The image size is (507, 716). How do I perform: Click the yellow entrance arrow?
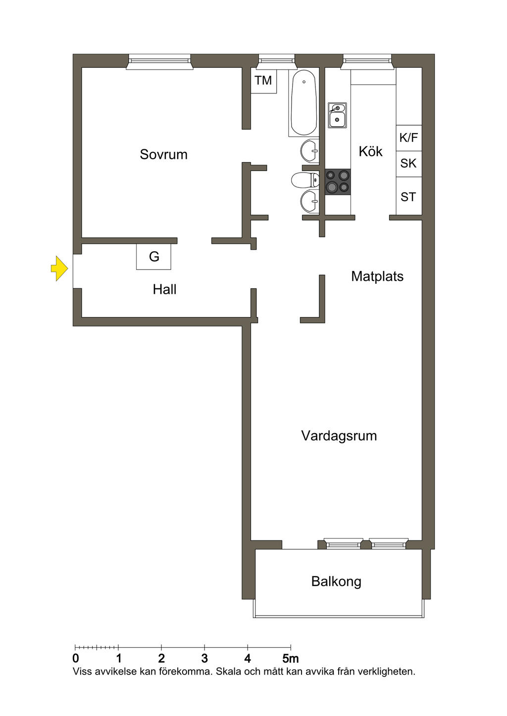pos(59,268)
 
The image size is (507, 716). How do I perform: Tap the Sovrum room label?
pos(163,154)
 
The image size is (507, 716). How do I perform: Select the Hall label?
pos(164,289)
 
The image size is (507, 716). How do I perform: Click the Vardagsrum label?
pos(339,436)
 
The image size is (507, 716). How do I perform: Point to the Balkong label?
pos(336,582)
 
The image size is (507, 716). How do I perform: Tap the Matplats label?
pos(377,276)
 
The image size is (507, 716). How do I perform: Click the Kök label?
pos(371,151)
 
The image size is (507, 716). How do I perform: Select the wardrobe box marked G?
pos(153,257)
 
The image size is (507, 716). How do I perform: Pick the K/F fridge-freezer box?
pos(409,138)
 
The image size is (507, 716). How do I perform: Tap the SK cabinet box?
pos(409,164)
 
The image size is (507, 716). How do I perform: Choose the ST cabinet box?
pos(409,196)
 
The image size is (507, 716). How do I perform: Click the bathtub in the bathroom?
pos(304,103)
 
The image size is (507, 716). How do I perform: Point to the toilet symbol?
pos(305,180)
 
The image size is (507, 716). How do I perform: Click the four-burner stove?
pos(338,182)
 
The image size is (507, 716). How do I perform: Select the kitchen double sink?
pos(337,115)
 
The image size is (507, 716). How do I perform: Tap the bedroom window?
pos(159,62)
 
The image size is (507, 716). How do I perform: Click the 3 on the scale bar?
pos(204,659)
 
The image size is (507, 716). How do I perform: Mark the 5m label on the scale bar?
pos(290,659)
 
